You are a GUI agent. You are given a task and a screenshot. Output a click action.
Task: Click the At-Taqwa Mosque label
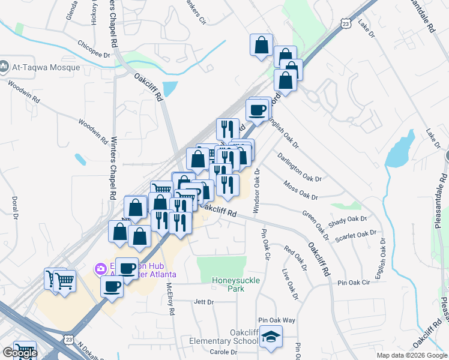point(46,67)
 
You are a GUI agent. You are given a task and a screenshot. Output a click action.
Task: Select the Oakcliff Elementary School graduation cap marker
point(271,337)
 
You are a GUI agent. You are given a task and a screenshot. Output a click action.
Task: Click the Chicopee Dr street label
point(95,49)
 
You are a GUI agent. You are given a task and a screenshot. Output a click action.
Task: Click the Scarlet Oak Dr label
point(355,234)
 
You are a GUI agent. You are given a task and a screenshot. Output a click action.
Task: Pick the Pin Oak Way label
point(277,320)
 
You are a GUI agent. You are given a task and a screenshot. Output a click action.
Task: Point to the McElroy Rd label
point(170,299)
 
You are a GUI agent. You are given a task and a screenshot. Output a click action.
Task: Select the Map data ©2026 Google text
point(412,355)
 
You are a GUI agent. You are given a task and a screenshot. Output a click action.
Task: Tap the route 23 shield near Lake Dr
point(345,23)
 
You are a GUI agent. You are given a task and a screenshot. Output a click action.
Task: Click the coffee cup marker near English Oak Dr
point(258,110)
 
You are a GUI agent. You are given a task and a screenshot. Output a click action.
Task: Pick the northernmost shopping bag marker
point(262,44)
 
